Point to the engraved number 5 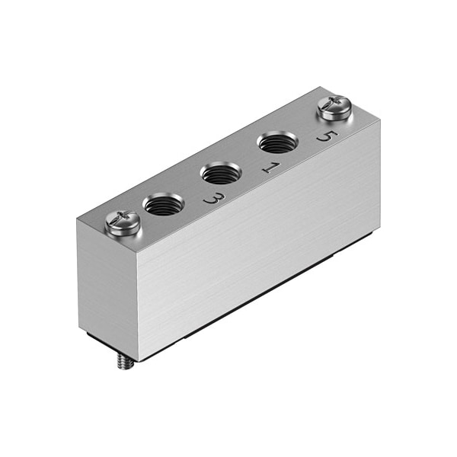click(325, 137)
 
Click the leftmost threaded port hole click(163, 203)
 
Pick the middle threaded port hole click(221, 172)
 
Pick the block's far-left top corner click(78, 219)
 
